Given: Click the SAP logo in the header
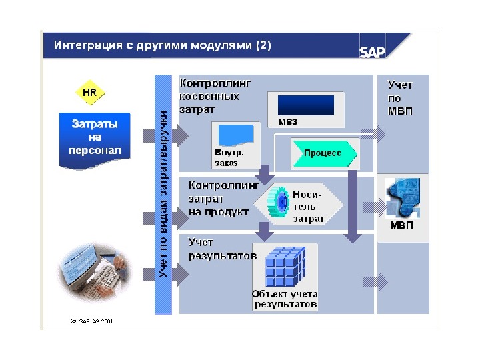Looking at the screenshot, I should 373,51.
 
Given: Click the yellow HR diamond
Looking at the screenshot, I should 89,91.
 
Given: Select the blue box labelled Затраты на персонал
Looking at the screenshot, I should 96,137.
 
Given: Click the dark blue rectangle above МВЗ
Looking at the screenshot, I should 305,105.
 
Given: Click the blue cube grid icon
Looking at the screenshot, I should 284,266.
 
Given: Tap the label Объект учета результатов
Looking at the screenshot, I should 285,299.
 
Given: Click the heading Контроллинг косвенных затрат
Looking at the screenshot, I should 216,95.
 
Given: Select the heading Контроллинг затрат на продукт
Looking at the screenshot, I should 221,198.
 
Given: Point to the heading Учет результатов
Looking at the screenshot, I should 221,248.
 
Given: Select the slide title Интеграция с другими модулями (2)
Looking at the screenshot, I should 163,46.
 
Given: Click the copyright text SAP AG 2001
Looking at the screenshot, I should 94,320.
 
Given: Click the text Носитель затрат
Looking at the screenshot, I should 308,207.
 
